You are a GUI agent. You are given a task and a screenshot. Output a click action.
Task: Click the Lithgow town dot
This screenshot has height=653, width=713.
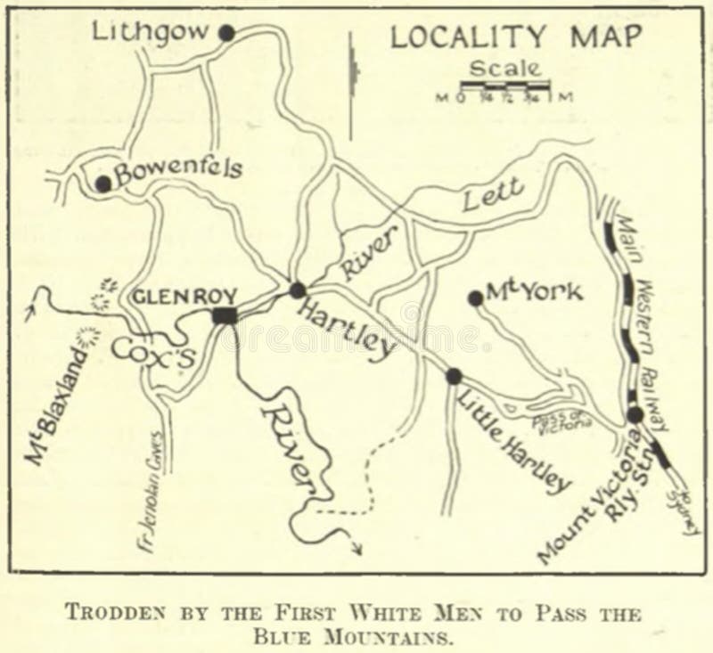[226, 33]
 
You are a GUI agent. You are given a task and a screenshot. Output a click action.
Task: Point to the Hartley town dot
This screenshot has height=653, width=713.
[298, 290]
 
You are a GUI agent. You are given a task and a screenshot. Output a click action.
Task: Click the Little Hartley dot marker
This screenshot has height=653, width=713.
[454, 376]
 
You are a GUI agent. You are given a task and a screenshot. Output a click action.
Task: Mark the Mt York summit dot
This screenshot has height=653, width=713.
[475, 299]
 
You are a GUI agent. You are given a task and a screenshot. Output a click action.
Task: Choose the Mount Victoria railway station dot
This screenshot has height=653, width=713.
[634, 414]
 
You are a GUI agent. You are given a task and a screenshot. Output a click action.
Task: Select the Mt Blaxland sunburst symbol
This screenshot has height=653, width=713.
[87, 337]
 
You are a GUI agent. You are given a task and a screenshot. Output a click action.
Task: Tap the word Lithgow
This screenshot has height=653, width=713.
[152, 32]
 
